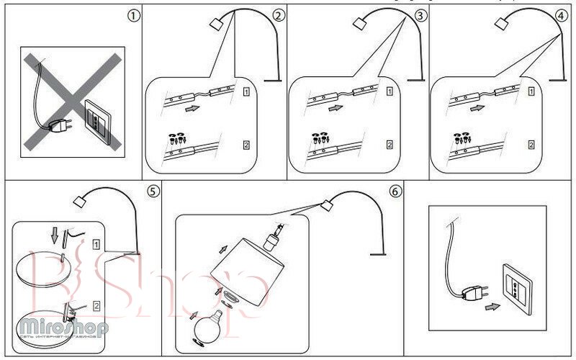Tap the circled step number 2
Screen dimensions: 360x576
[278, 15]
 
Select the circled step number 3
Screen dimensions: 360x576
[421, 15]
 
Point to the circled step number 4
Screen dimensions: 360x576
[561, 15]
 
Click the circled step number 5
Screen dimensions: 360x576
[152, 192]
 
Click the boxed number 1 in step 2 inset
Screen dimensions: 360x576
[247, 91]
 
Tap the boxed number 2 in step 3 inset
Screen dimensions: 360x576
[390, 145]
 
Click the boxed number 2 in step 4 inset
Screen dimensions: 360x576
[532, 145]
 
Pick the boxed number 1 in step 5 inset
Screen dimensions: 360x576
[96, 246]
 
